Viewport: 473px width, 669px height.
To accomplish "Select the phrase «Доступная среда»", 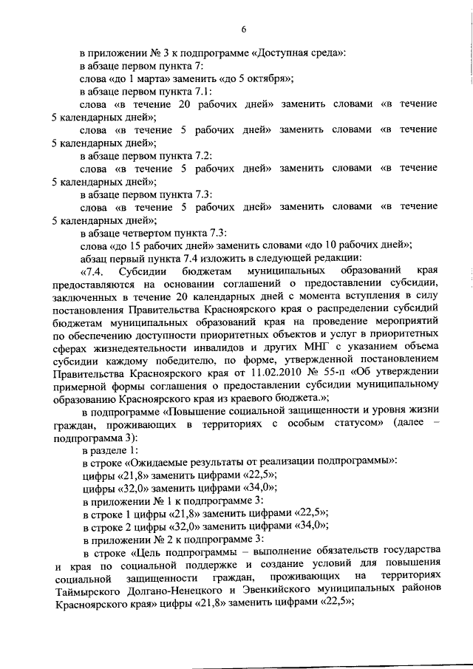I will [x=305, y=53].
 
